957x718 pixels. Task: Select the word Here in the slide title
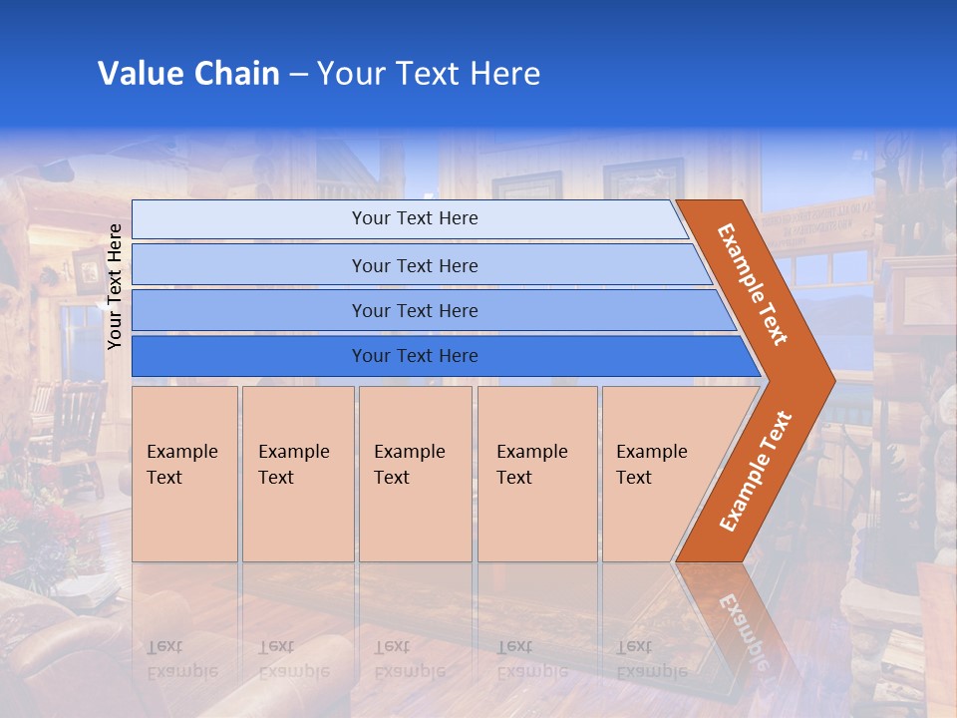pos(504,74)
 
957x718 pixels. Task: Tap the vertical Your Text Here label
pos(116,286)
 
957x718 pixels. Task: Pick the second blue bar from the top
pos(415,265)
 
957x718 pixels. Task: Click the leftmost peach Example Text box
pos(184,474)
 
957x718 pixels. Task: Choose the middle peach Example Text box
pos(415,474)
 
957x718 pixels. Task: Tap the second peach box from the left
pos(298,474)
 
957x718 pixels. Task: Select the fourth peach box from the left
pos(537,474)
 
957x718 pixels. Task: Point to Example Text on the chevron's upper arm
pos(753,284)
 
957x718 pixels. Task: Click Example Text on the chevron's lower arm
pos(756,471)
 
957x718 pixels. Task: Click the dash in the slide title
pos(298,75)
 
